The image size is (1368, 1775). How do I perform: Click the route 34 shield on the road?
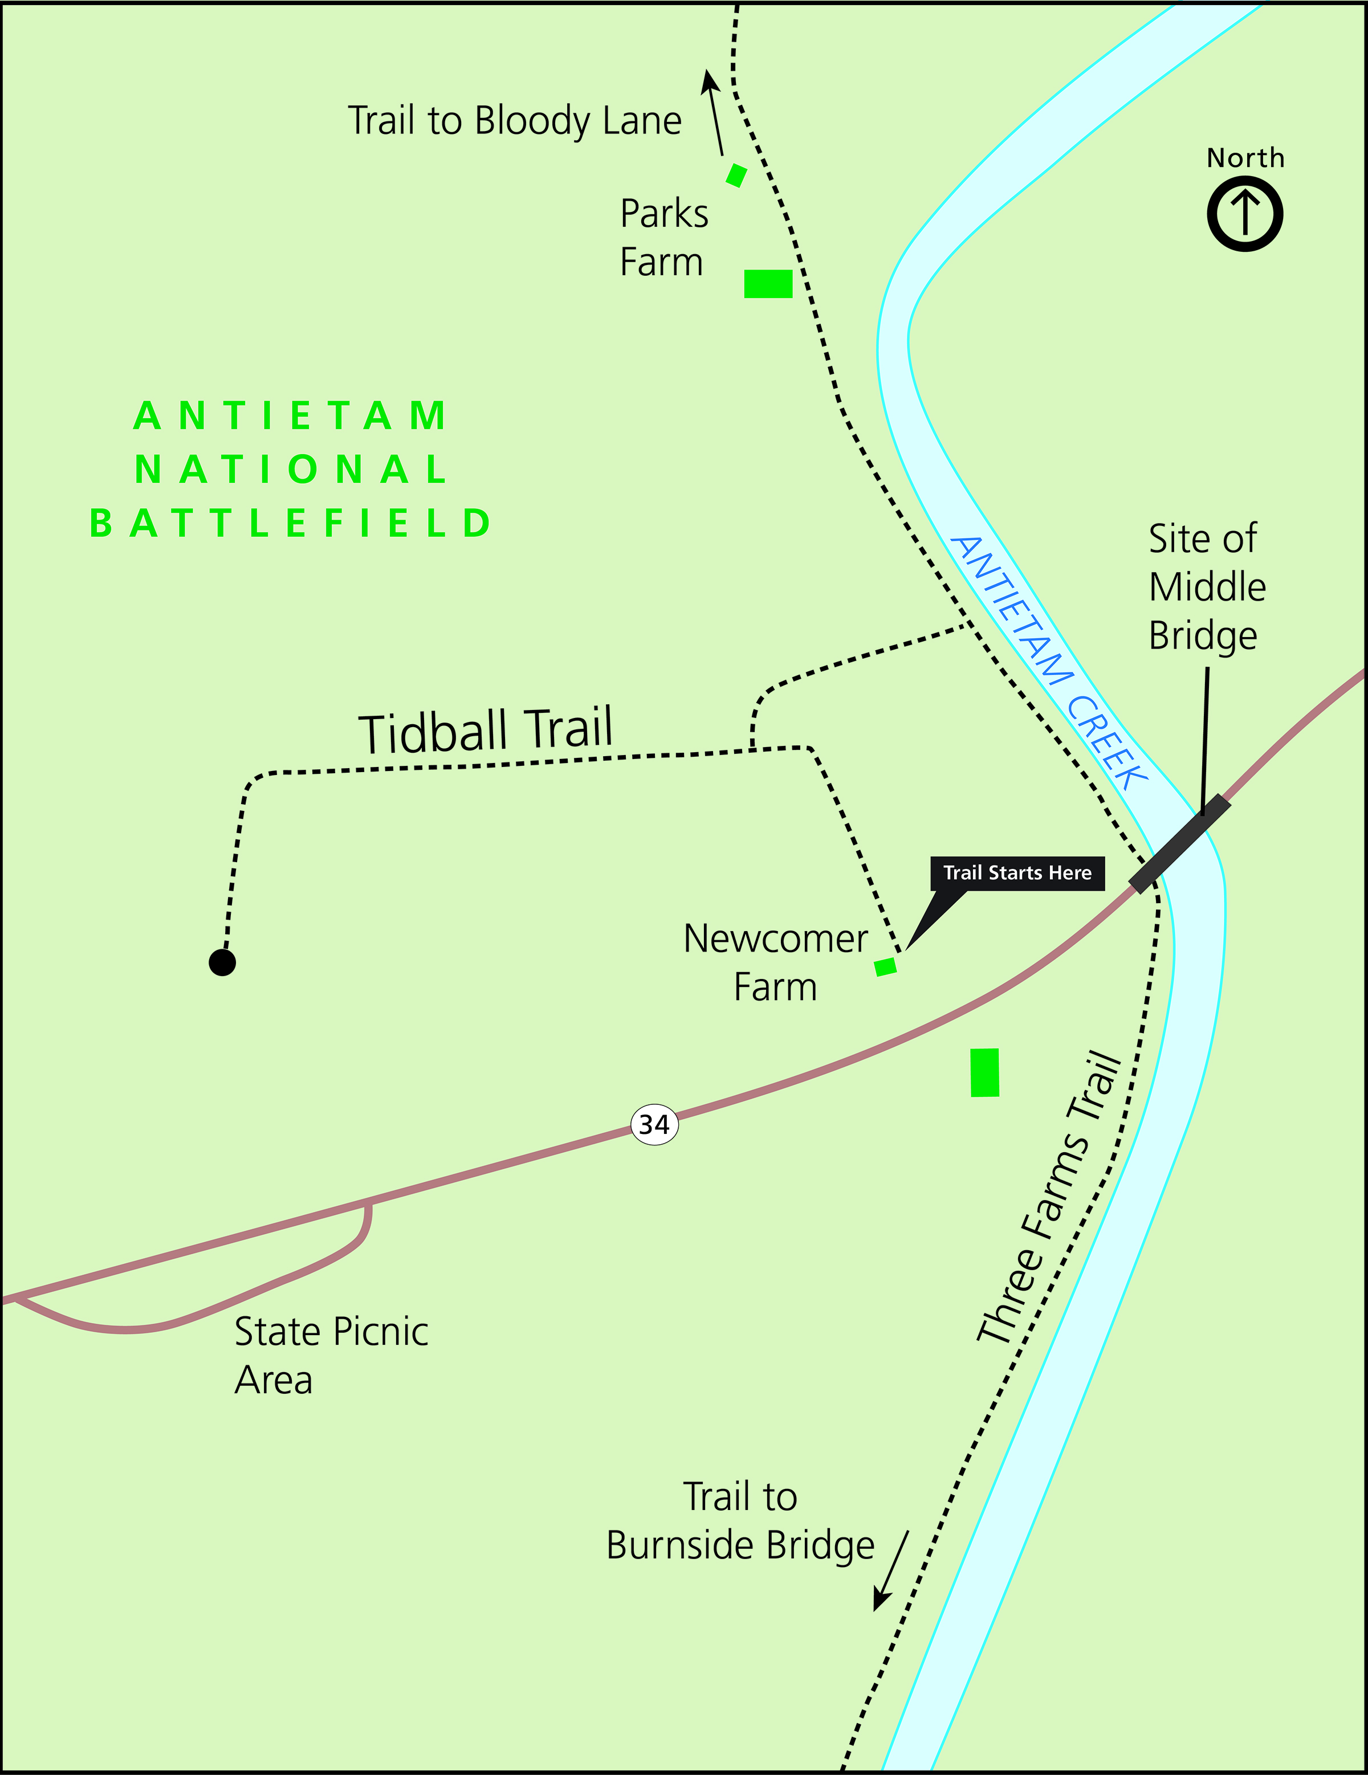654,1124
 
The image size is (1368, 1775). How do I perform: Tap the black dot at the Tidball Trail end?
222,962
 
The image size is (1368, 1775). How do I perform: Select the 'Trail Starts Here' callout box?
1017,873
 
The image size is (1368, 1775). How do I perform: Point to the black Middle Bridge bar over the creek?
1179,843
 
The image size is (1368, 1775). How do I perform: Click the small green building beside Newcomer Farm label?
885,966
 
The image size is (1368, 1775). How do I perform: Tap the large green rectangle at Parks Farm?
768,284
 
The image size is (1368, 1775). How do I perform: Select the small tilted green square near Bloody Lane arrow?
736,175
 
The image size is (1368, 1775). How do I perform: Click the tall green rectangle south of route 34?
984,1072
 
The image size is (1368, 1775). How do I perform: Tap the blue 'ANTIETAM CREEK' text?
1049,662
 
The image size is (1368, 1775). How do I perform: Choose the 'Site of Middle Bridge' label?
1206,587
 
